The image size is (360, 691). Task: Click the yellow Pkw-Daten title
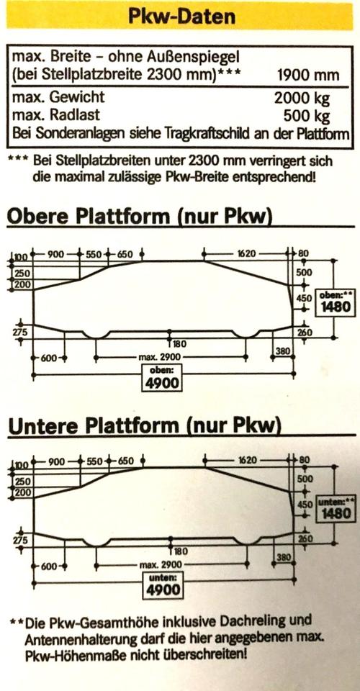(181, 17)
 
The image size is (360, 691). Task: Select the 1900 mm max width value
(308, 75)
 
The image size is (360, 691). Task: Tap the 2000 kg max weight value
(302, 98)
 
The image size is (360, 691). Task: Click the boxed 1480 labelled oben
(336, 306)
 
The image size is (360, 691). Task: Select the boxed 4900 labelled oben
(163, 382)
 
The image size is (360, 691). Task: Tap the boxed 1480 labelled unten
(336, 512)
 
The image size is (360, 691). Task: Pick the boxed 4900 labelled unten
(163, 590)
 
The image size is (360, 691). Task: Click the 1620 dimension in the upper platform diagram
(246, 254)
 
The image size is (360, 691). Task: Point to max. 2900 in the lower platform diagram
(160, 564)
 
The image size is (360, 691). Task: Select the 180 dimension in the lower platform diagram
(180, 551)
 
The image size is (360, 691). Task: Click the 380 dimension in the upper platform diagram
(282, 351)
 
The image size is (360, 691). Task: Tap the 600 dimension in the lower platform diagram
(48, 566)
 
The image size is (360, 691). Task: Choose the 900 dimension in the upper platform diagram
(56, 254)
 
